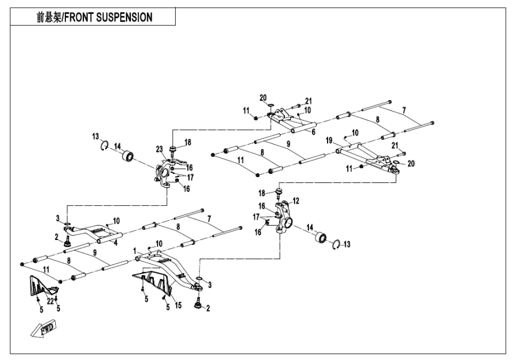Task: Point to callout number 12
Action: [x=296, y=200]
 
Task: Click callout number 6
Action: [x=313, y=131]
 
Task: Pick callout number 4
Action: [x=116, y=242]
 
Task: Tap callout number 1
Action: [x=136, y=250]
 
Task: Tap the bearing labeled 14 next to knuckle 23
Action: [x=127, y=157]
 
